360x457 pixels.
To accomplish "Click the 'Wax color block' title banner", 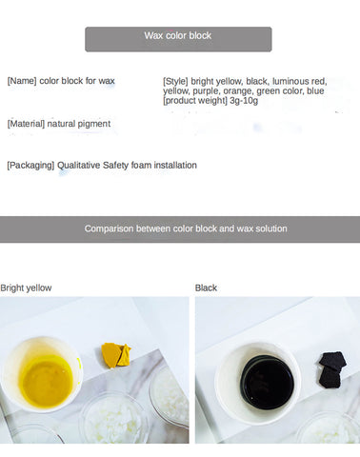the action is [x=178, y=39].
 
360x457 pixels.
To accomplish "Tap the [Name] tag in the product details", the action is [x=22, y=81].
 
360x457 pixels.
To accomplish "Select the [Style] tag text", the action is [x=175, y=81].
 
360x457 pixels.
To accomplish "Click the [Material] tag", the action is [x=26, y=124].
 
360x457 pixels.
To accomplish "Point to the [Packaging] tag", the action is [x=30, y=166].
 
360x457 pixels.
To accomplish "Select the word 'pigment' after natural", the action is [x=93, y=124].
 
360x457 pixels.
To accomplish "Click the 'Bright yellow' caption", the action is [x=26, y=288].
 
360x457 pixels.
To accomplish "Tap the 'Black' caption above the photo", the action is [x=206, y=288].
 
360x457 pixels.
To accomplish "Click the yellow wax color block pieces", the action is [x=116, y=355].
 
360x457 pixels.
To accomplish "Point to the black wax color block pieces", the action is [x=332, y=369].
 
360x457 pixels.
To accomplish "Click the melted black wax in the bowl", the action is [x=267, y=383].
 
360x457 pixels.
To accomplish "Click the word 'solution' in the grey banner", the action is [x=271, y=228].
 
